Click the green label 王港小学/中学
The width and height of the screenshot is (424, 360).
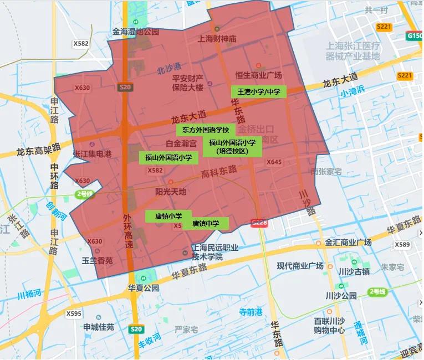coord(259,91)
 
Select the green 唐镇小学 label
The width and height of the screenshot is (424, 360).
coord(168,216)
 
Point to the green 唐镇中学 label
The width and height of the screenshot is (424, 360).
coord(206,224)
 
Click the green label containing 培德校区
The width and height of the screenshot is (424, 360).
coord(232,147)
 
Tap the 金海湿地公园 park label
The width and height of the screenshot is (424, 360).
coord(136,32)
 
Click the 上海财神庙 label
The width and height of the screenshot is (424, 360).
coord(217,39)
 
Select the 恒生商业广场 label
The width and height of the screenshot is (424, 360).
coord(258,75)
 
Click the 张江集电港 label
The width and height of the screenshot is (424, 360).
coord(92,153)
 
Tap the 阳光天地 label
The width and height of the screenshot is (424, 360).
coord(171,192)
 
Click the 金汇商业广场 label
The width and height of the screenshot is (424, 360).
coord(348,243)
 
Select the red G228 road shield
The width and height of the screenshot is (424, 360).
coord(259,223)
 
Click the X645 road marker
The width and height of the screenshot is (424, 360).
coord(274,162)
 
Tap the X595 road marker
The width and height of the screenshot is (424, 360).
coord(74,313)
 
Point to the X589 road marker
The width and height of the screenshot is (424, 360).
coord(402,244)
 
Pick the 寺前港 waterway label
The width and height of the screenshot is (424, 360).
coord(251,312)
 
